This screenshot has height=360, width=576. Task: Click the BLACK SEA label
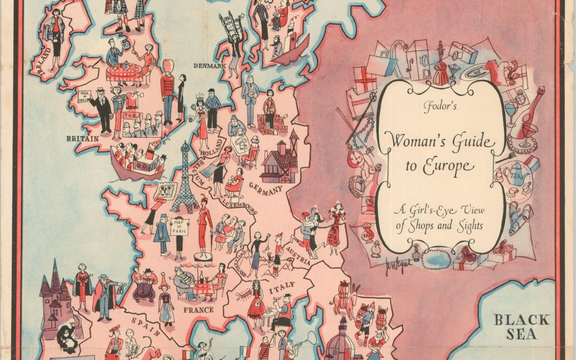coord(521,327)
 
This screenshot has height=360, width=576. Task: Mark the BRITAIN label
coord(82,138)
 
